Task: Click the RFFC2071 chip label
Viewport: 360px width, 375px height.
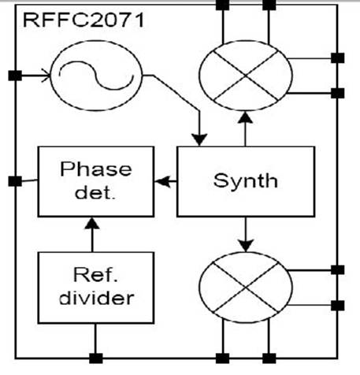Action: point(84,20)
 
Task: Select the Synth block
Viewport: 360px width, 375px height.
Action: point(246,181)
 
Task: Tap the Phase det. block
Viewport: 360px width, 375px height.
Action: point(96,181)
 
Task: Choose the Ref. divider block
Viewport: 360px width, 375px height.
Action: point(96,288)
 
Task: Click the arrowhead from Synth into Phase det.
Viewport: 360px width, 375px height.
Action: point(162,181)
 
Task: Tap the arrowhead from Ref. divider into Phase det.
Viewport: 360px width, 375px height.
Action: point(92,224)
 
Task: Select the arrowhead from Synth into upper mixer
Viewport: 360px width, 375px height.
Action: point(245,117)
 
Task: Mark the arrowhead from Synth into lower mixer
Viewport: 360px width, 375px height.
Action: point(246,245)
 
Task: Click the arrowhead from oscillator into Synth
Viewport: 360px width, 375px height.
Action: point(199,139)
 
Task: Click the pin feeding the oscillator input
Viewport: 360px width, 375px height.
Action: point(15,76)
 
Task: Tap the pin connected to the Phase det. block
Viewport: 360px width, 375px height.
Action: point(15,181)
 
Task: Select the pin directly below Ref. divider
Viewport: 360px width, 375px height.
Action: point(96,358)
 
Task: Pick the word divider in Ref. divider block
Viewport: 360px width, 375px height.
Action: point(97,299)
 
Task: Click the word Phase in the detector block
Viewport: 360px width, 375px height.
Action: point(96,169)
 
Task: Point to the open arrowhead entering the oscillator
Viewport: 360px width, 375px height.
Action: point(46,76)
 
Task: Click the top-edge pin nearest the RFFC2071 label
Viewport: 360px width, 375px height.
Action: point(222,5)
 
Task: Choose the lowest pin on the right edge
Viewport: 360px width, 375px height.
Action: point(338,306)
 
